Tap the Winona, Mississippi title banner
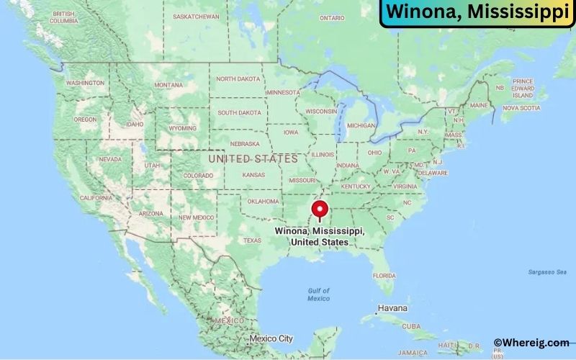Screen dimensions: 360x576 pos(477,13)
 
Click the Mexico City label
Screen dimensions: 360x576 pos(271,338)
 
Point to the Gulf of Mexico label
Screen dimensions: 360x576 pos(318,294)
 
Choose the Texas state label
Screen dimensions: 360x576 pos(252,240)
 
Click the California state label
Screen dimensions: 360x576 pos(95,197)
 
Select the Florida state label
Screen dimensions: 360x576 pos(384,275)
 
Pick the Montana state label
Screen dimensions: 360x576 pos(168,85)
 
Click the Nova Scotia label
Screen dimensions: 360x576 pos(521,108)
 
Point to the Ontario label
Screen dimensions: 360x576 pos(332,17)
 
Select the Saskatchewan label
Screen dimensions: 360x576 pos(197,16)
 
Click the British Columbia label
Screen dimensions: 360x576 pos(63,17)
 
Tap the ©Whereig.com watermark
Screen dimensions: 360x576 pos(531,343)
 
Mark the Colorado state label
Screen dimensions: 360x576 pos(198,175)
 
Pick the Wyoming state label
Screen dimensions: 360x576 pos(182,128)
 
